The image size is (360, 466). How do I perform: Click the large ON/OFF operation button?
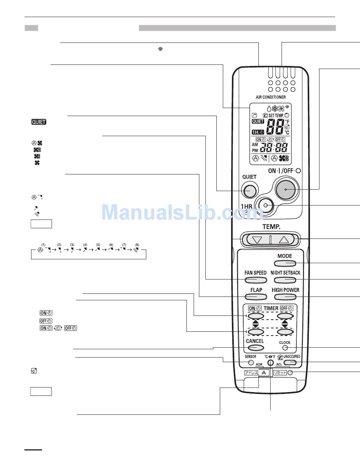pyautogui.click(x=285, y=189)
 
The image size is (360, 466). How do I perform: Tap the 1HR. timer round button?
pyautogui.click(x=265, y=205)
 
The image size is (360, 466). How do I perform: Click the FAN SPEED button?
pyautogui.click(x=255, y=280)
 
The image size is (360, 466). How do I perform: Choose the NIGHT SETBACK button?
pyautogui.click(x=285, y=280)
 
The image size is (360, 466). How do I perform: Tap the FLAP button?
pyautogui.click(x=256, y=297)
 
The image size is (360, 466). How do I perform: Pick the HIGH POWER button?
pyautogui.click(x=285, y=297)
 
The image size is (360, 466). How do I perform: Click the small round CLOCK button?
pyautogui.click(x=285, y=348)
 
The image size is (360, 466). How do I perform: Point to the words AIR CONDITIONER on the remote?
pyautogui.click(x=271, y=97)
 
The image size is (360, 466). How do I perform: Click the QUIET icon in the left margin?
pyautogui.click(x=39, y=122)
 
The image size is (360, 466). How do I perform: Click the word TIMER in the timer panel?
pyautogui.click(x=271, y=308)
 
